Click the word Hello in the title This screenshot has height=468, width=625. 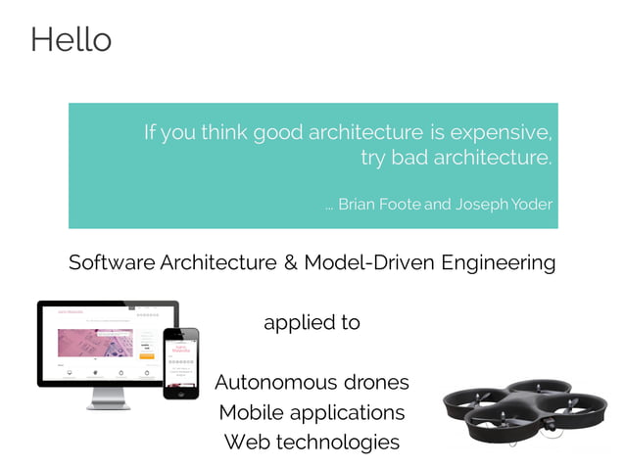71,40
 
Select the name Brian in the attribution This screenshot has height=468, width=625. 360,205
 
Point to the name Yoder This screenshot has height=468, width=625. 531,205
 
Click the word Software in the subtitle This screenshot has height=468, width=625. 112,263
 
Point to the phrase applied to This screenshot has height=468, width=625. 312,323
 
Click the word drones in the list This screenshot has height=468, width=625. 376,382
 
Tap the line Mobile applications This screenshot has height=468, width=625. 312,412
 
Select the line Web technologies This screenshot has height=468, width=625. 312,443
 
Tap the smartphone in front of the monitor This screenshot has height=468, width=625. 180,362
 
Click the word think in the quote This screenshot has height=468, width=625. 224,132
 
